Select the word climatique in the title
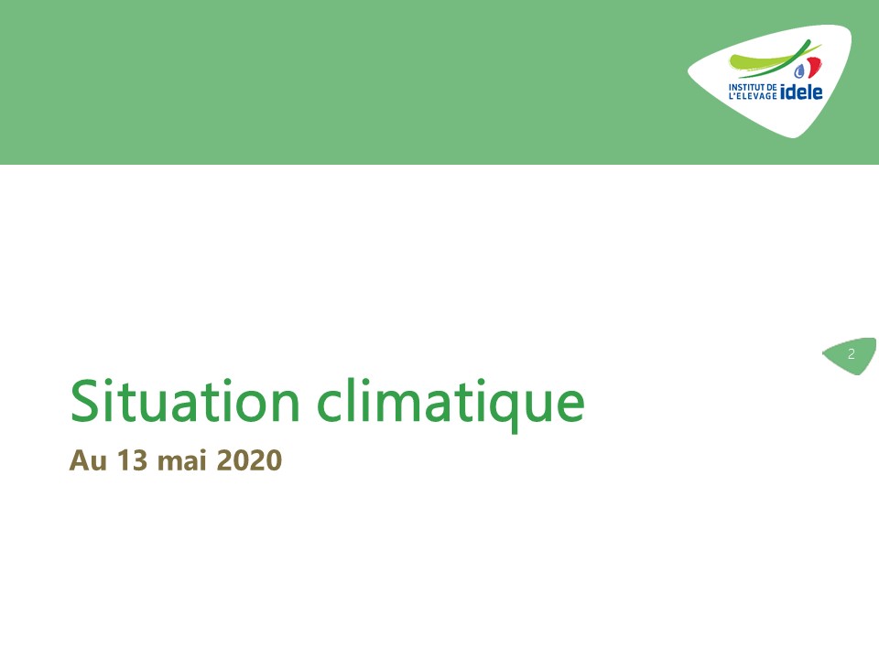click(450, 404)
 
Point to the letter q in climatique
click(505, 410)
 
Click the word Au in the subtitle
click(88, 460)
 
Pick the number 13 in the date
click(132, 460)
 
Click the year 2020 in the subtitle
click(249, 460)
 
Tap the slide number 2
click(851, 354)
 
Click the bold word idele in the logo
click(801, 92)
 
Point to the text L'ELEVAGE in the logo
click(753, 96)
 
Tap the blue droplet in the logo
click(798, 70)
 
